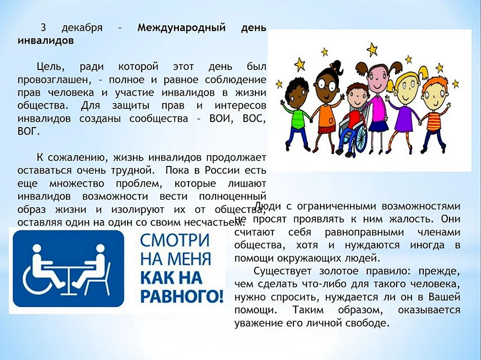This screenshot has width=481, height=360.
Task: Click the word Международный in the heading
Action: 181,28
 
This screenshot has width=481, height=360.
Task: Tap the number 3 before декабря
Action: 43,28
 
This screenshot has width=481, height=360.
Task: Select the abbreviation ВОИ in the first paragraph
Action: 220,118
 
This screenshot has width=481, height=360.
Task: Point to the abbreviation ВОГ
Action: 28,132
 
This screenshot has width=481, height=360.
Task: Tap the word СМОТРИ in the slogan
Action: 174,241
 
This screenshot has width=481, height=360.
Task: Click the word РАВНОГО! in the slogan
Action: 182,297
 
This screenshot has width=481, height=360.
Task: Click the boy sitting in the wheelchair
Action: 353,110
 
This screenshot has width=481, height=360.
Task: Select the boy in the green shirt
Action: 296,113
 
